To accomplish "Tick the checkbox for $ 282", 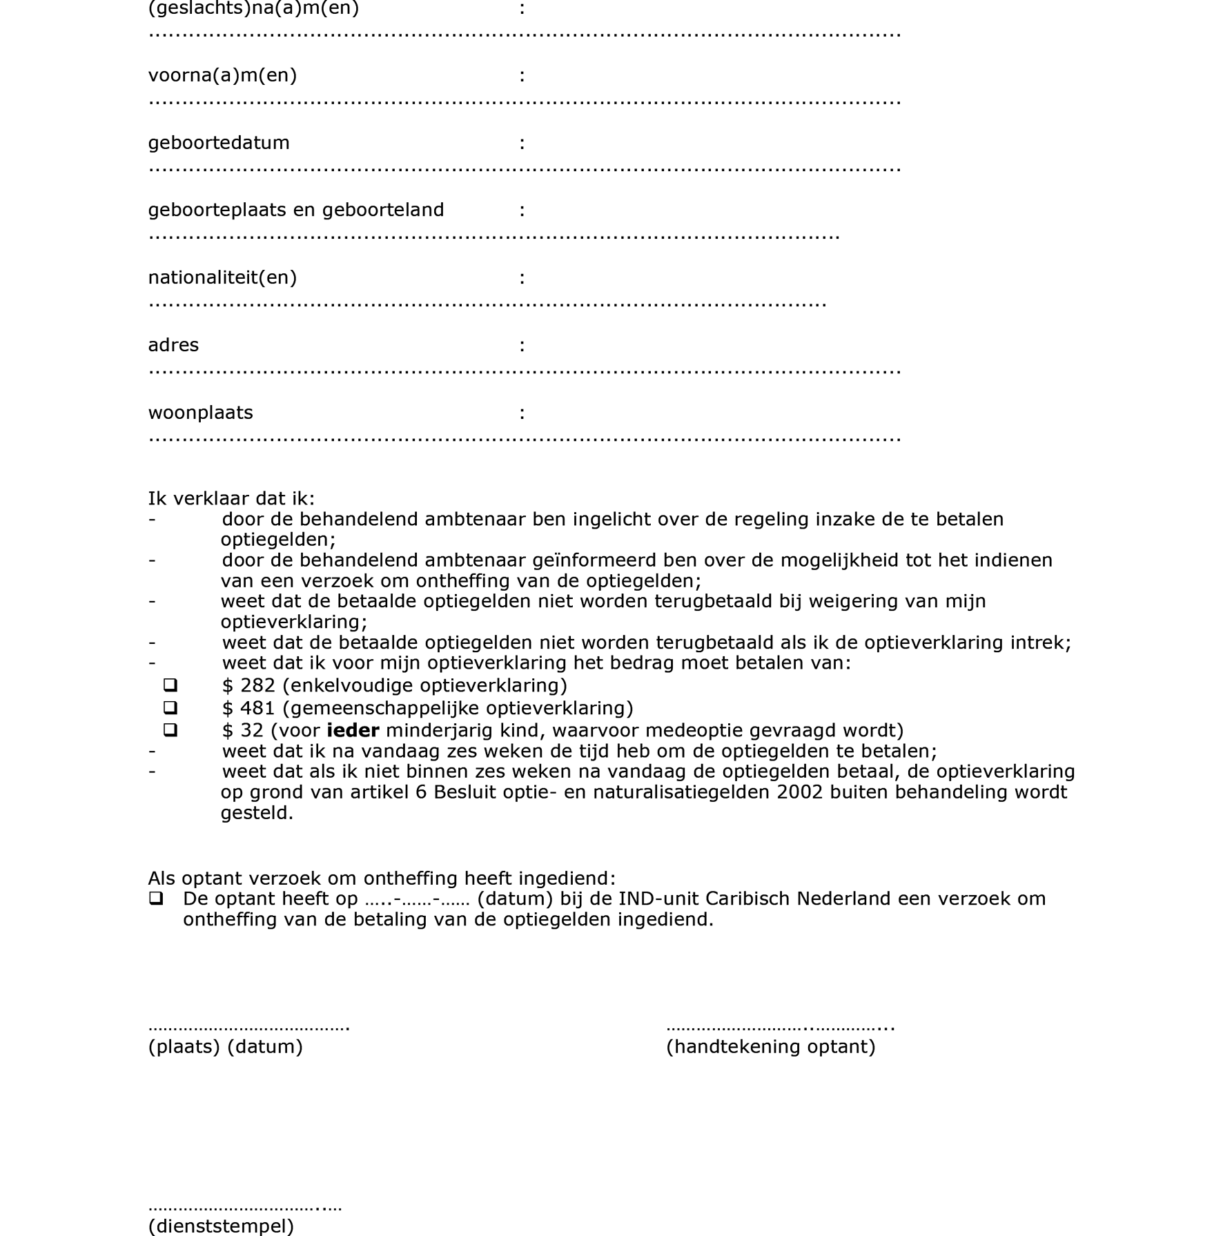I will [170, 685].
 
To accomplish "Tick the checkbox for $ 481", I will [170, 707].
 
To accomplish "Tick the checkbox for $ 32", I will [170, 729].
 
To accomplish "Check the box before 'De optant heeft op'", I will [156, 899].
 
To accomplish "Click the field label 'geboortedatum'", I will [219, 143].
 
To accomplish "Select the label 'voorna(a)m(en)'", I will [222, 75].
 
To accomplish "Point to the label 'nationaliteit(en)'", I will [222, 277].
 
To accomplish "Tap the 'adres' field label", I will [173, 345].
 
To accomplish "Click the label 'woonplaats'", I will [200, 413].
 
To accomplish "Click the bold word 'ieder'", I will [353, 730].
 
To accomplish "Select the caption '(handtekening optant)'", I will [770, 1047].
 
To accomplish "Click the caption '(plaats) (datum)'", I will [225, 1047].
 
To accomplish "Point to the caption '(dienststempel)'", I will [221, 1226].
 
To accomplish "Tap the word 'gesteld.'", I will [257, 813].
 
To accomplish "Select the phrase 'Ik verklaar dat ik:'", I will [231, 498].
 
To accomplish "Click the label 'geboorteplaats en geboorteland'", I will [296, 210].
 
